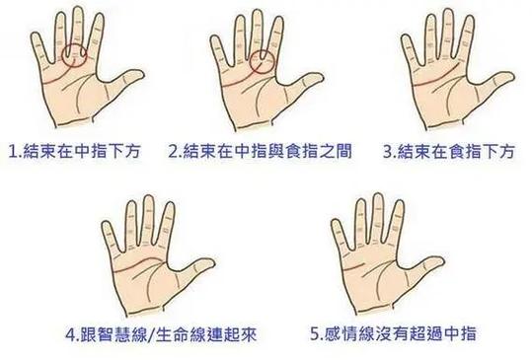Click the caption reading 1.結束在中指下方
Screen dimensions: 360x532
click(x=76, y=152)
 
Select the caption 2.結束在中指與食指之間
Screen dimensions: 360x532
click(x=257, y=152)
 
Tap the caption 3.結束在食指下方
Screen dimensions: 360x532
click(x=449, y=152)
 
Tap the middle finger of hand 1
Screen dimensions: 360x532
click(x=73, y=25)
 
